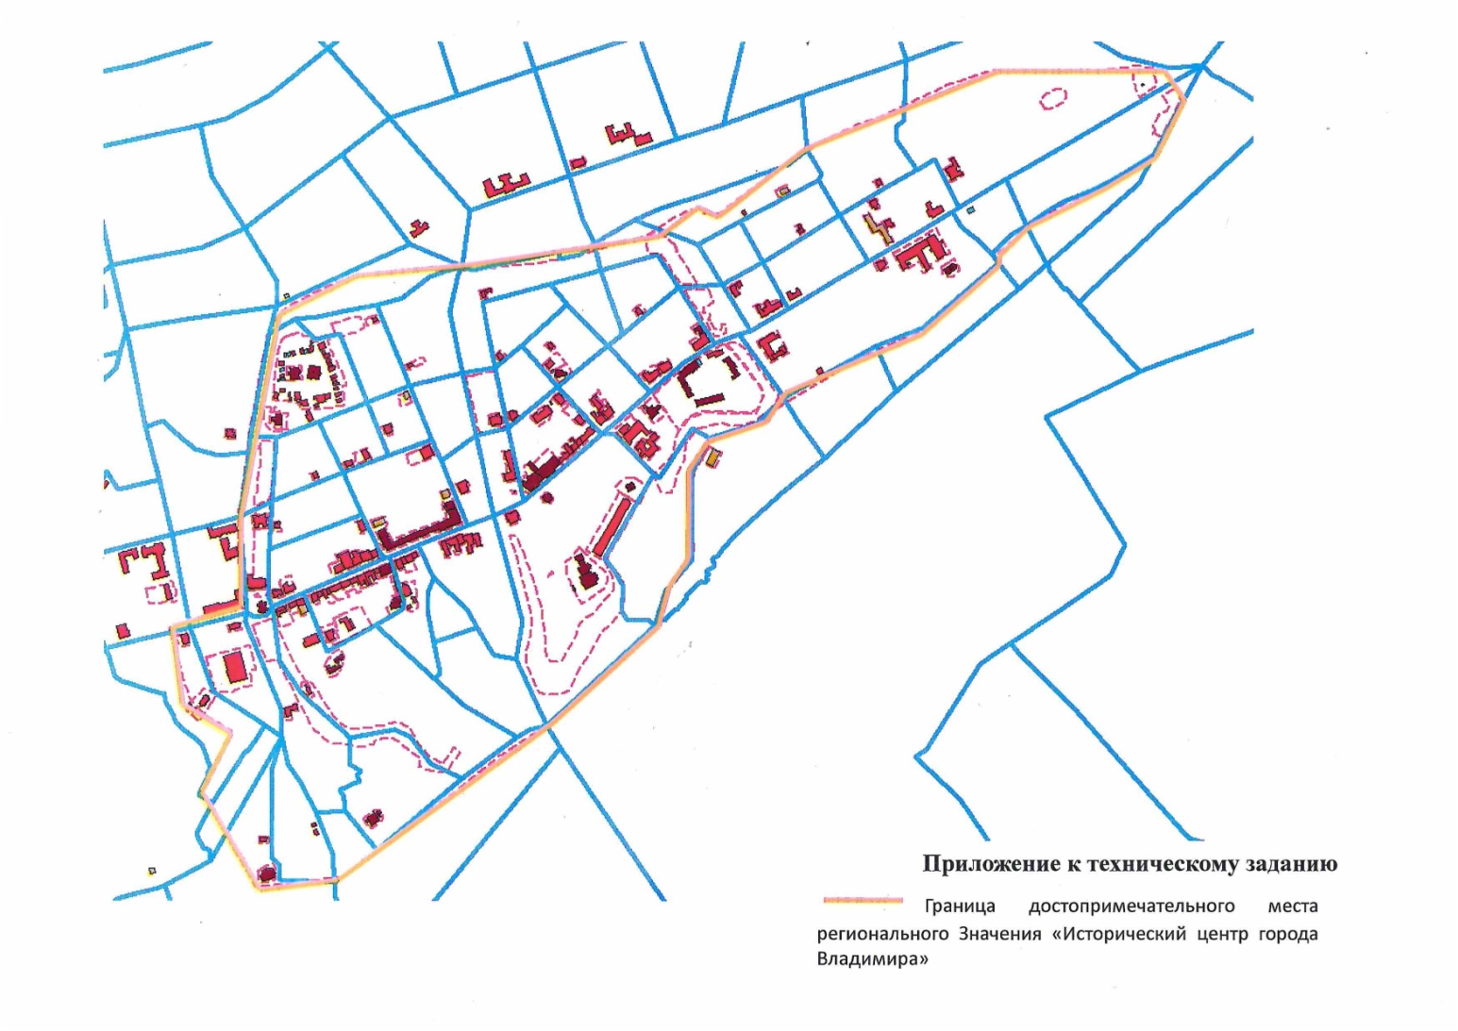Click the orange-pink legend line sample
point(863,902)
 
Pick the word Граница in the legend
point(960,906)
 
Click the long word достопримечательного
point(1131,906)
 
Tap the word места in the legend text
point(1292,906)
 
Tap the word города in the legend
point(1286,934)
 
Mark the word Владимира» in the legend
point(866,961)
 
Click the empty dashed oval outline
point(1052,97)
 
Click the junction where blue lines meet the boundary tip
point(1198,66)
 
